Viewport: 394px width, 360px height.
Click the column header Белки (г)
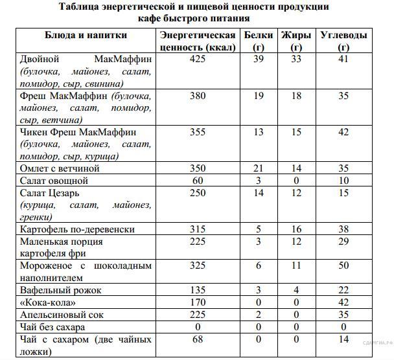pyautogui.click(x=258, y=40)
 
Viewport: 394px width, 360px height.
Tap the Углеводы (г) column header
pyautogui.click(x=343, y=40)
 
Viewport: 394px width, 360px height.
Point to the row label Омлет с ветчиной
pyautogui.click(x=60, y=168)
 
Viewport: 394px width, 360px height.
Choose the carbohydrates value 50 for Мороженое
pyautogui.click(x=343, y=265)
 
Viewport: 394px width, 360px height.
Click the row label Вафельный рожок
pyautogui.click(x=61, y=290)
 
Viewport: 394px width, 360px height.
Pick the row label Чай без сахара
pyautogui.click(x=52, y=327)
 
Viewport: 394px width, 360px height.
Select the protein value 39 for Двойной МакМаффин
pyautogui.click(x=258, y=59)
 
